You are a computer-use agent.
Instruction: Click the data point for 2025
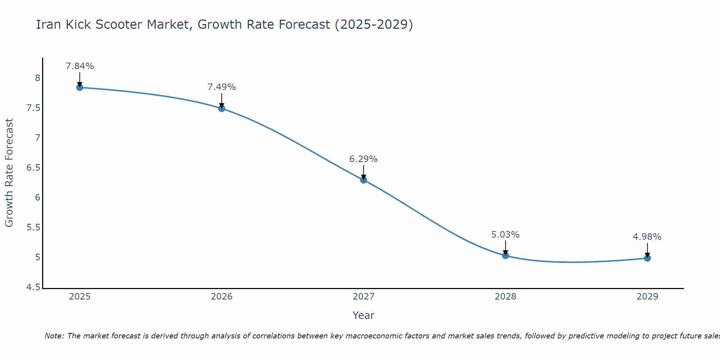[x=80, y=87]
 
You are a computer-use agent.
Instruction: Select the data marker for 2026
[x=221, y=108]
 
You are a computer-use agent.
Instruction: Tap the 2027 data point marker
[x=364, y=180]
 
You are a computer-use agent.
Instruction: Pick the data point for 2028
[x=505, y=256]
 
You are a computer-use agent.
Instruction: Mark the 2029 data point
[x=647, y=258]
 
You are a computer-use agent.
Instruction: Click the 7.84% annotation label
[x=80, y=66]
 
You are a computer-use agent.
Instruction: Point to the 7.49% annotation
[x=221, y=87]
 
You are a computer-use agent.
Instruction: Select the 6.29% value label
[x=364, y=159]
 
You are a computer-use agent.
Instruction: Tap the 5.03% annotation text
[x=505, y=235]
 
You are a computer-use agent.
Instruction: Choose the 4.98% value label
[x=647, y=237]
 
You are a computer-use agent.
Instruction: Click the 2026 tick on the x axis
[x=221, y=297]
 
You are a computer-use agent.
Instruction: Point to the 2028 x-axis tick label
[x=505, y=297]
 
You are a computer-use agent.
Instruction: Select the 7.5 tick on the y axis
[x=33, y=108]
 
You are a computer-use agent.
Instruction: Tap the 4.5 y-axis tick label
[x=33, y=287]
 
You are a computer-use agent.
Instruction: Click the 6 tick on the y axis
[x=37, y=198]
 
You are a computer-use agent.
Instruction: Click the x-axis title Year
[x=364, y=315]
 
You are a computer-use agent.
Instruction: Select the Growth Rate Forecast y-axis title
[x=9, y=173]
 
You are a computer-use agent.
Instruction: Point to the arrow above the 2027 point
[x=364, y=172]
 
